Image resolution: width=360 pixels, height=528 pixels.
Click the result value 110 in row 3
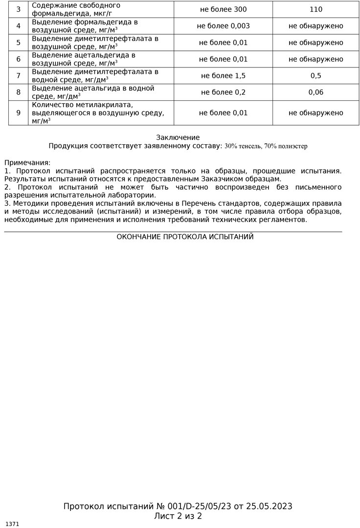coord(316,9)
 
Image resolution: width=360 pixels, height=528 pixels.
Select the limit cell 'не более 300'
coord(223,9)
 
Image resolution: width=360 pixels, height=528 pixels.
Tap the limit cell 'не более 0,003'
coord(223,26)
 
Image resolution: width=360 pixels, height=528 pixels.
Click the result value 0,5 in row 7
coord(316,76)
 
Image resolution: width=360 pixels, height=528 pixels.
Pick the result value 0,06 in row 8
coord(316,92)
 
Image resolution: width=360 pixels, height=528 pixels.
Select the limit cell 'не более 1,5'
coord(223,76)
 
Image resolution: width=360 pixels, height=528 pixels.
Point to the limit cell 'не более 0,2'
coord(223,92)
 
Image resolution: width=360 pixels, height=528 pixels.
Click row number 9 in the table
coord(19,113)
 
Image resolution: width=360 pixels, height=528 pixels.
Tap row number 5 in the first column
coord(19,43)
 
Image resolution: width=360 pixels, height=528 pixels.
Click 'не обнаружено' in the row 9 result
coord(316,113)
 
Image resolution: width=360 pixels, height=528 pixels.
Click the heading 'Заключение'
coord(178,137)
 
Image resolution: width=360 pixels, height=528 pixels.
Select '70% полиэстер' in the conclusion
coord(286,146)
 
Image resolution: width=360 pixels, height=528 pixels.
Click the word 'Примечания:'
coord(27,162)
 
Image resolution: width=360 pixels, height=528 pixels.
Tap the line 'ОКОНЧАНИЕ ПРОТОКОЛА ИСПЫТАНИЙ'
coord(185,237)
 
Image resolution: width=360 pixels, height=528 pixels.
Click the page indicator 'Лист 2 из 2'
coord(178,516)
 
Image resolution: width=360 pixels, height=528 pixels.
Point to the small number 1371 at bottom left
coord(12,524)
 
